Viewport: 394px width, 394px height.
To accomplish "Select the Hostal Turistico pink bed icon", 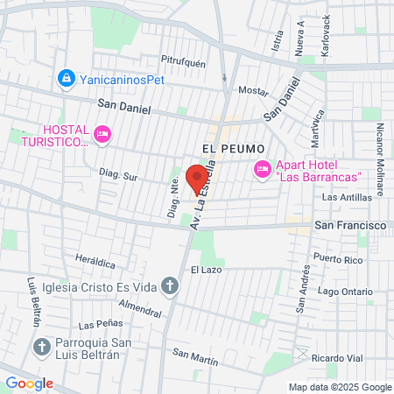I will (103, 134).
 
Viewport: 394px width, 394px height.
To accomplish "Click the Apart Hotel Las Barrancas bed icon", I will (261, 168).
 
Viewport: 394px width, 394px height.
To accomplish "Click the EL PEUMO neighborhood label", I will (232, 149).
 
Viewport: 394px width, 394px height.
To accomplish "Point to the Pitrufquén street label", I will (182, 61).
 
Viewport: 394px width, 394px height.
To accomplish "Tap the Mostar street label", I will (253, 90).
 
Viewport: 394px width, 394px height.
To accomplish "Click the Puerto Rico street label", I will (338, 258).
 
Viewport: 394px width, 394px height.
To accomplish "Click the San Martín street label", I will (194, 356).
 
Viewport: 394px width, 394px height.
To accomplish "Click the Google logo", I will (29, 383).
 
